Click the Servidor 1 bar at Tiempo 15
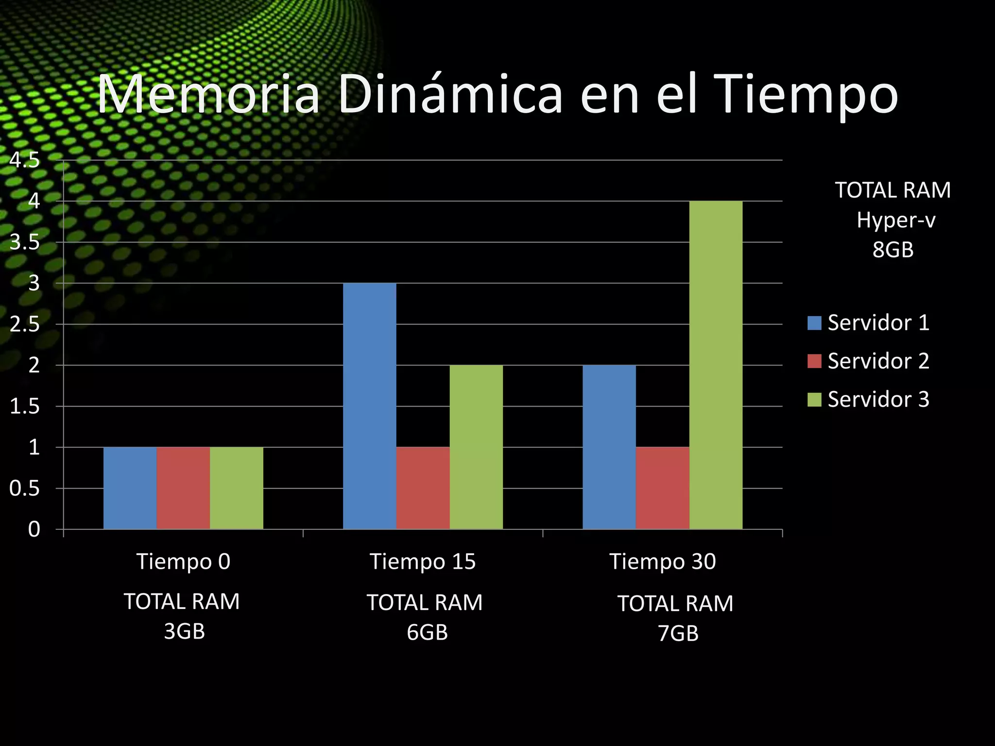click(370, 406)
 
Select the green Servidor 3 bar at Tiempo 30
click(716, 364)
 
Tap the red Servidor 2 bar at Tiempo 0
click(183, 488)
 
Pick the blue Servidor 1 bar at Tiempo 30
click(609, 447)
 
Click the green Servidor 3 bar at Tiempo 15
click(476, 447)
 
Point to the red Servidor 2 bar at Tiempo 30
click(662, 488)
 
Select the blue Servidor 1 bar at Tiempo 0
click(130, 488)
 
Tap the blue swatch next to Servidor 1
click(814, 323)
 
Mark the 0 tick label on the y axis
click(34, 529)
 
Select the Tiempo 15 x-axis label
click(423, 561)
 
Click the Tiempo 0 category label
click(183, 561)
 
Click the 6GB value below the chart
click(427, 632)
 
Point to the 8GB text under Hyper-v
click(893, 250)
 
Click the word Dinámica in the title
click(450, 95)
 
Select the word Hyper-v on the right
click(896, 220)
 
